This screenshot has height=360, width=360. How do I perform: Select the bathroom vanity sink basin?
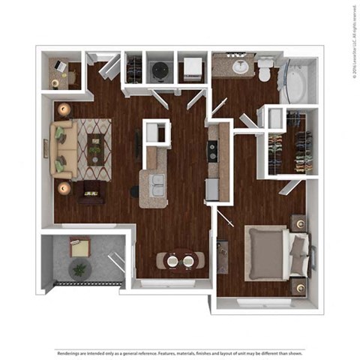[241, 67]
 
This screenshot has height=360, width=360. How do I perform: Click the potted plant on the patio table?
[79, 268]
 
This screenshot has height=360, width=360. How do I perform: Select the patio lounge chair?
[79, 244]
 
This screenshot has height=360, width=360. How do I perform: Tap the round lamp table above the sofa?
[64, 109]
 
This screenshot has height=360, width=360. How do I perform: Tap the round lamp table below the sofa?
[64, 187]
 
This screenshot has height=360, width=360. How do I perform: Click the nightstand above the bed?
[298, 222]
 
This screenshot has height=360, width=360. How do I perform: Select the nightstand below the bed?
[299, 286]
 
